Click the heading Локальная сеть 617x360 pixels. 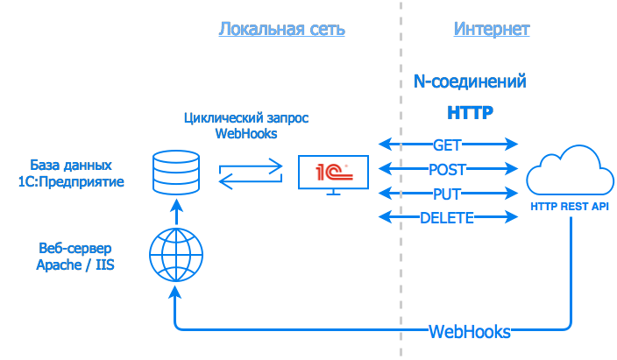pyautogui.click(x=281, y=29)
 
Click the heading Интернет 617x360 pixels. pyautogui.click(x=492, y=29)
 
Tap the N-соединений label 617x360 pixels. pyautogui.click(x=470, y=81)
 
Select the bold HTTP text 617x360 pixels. pyautogui.click(x=471, y=113)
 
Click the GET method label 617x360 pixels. pyautogui.click(x=447, y=145)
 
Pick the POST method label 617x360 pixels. pyautogui.click(x=447, y=169)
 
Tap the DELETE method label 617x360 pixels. pyautogui.click(x=447, y=218)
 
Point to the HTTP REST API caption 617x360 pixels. pyautogui.click(x=570, y=208)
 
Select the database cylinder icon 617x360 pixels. pyautogui.click(x=175, y=172)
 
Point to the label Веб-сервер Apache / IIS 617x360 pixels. pyautogui.click(x=76, y=256)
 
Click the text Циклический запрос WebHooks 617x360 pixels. pyautogui.click(x=246, y=125)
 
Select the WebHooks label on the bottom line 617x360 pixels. pyautogui.click(x=470, y=332)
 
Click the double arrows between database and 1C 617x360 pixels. pyautogui.click(x=251, y=173)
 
